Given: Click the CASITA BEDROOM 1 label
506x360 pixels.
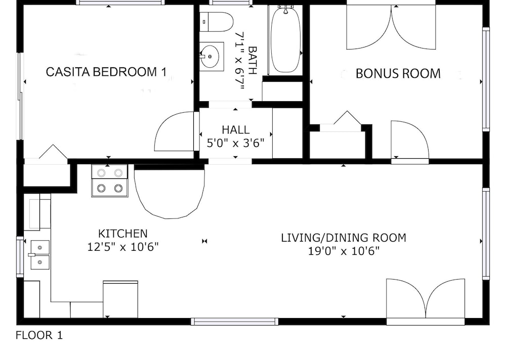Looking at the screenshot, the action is pos(106,72).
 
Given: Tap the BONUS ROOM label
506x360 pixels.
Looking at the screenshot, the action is pos(398,73).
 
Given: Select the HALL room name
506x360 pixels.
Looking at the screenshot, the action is pos(236,129).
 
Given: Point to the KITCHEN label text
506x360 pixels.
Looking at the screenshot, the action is pos(122,233).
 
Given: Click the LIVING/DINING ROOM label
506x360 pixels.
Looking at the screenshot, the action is pos(344,238).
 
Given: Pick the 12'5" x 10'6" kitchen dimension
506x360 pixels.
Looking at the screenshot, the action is pos(123,247).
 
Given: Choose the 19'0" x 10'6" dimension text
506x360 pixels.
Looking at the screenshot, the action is pos(344,251).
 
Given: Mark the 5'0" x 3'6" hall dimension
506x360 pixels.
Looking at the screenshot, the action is pos(236,143).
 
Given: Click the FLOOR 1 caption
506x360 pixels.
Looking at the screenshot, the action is pos(39,335).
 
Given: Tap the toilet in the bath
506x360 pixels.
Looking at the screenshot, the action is pos(216,22).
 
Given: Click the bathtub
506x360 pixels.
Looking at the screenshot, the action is pos(285,39).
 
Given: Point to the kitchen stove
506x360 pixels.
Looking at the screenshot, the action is pos(110,181).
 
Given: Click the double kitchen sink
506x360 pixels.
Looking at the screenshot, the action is pos(40,254).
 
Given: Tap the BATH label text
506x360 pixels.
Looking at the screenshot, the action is pos(252,61).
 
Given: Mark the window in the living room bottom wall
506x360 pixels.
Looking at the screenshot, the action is pos(234,321).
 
